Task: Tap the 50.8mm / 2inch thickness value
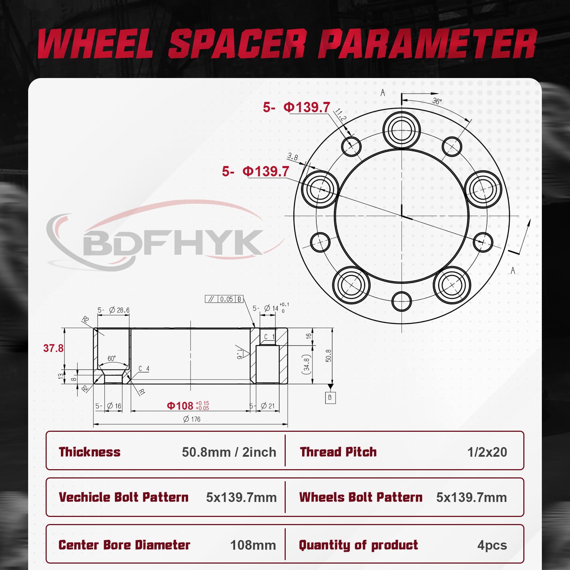[x=229, y=452]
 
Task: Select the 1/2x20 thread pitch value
[x=487, y=452]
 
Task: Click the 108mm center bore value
[x=253, y=545]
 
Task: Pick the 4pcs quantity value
[x=492, y=545]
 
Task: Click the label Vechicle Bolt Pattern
[x=124, y=497]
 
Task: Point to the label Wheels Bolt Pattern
[x=361, y=497]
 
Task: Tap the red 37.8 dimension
[x=53, y=348]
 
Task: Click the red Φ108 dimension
[x=180, y=406]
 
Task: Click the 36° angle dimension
[x=437, y=101]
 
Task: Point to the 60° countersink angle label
[x=112, y=358]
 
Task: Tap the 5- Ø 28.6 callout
[x=114, y=310]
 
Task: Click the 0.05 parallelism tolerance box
[x=227, y=299]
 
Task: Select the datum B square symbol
[x=330, y=397]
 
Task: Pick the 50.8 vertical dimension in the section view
[x=328, y=356]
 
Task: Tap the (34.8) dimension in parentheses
[x=306, y=364]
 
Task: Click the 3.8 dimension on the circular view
[x=292, y=156]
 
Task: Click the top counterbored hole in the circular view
[x=401, y=129]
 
